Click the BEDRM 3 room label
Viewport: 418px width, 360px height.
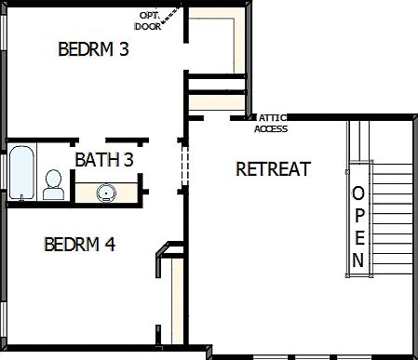(93, 49)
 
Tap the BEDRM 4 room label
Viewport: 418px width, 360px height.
(80, 245)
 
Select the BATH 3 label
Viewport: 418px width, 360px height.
(104, 160)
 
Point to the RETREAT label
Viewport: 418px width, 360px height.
(273, 169)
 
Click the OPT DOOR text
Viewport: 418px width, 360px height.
(149, 21)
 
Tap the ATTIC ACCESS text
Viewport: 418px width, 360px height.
(272, 123)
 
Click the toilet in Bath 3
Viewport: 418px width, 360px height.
(54, 184)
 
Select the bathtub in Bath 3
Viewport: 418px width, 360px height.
(20, 173)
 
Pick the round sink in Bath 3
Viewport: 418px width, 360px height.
(106, 193)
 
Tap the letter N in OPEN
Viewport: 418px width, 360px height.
(358, 258)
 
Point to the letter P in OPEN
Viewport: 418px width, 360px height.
(358, 216)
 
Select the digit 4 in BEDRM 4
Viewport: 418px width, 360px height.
(110, 245)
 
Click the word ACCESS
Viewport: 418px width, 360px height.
(271, 128)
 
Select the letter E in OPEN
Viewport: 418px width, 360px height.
(358, 236)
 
